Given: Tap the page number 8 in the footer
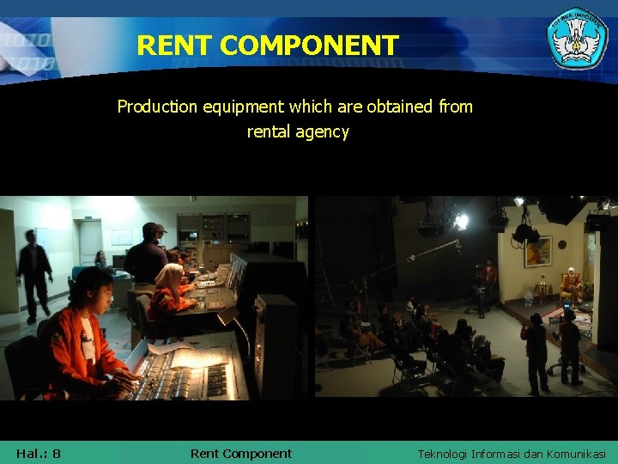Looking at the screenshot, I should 56,453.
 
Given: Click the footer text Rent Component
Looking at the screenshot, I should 240,453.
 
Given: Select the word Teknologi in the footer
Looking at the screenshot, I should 450,454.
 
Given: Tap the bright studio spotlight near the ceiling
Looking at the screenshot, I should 461,221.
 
